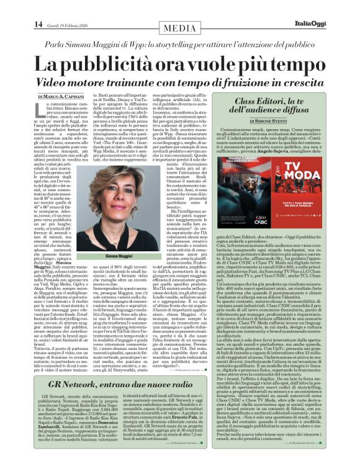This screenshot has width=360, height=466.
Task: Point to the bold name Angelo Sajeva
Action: click(x=286, y=151)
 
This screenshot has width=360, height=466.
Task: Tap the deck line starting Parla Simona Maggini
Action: click(x=180, y=44)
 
